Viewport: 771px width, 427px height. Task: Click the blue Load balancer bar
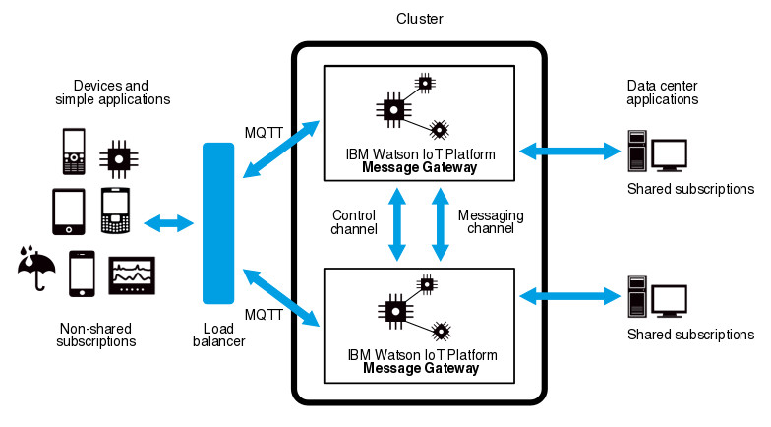(x=218, y=223)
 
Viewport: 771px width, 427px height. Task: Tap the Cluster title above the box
(x=419, y=19)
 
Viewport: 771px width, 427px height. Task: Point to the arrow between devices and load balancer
(x=167, y=223)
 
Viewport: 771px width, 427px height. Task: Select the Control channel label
(x=356, y=222)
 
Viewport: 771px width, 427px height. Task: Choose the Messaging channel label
(x=491, y=222)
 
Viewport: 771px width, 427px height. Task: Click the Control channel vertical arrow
(x=398, y=223)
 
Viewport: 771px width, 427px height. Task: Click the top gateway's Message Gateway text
(x=420, y=168)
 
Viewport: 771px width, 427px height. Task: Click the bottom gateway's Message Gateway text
(x=420, y=369)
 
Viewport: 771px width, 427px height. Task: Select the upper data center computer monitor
(x=670, y=153)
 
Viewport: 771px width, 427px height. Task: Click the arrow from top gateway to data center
(x=567, y=151)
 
